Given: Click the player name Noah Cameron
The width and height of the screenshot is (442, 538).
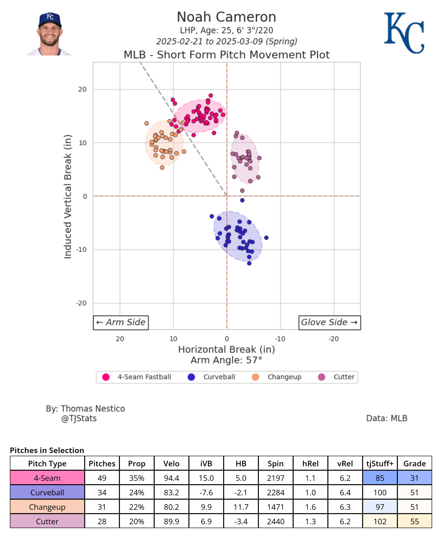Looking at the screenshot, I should point(226,17).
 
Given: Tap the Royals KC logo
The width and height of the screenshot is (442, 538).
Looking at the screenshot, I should point(404,33).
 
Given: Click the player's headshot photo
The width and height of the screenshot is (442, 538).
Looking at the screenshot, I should point(50,34).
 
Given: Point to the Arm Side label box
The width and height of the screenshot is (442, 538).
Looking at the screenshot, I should point(121,322).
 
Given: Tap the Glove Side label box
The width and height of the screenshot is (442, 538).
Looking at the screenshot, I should point(330,322).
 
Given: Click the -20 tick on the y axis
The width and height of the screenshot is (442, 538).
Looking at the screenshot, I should point(82,303).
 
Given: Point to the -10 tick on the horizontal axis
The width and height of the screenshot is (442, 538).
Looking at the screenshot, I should point(280,339).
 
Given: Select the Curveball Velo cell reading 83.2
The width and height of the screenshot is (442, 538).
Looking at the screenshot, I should point(171,492).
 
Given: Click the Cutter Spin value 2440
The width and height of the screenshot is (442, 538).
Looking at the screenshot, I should point(276,521).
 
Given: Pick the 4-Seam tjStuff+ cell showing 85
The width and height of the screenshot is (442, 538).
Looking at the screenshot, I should point(380,478).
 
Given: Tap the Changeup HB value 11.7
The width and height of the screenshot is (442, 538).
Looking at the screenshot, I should point(241,507).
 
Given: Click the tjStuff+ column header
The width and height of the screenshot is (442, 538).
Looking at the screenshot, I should point(380,463).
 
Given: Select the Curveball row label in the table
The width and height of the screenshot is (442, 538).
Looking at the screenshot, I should point(47,492).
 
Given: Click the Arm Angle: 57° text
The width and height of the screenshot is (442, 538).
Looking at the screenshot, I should point(226,360).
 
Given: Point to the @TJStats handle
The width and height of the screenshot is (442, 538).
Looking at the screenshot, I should point(79,418).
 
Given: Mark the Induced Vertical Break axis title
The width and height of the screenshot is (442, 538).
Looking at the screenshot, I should point(68,197).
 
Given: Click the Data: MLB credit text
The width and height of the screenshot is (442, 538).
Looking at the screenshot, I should point(387,418).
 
